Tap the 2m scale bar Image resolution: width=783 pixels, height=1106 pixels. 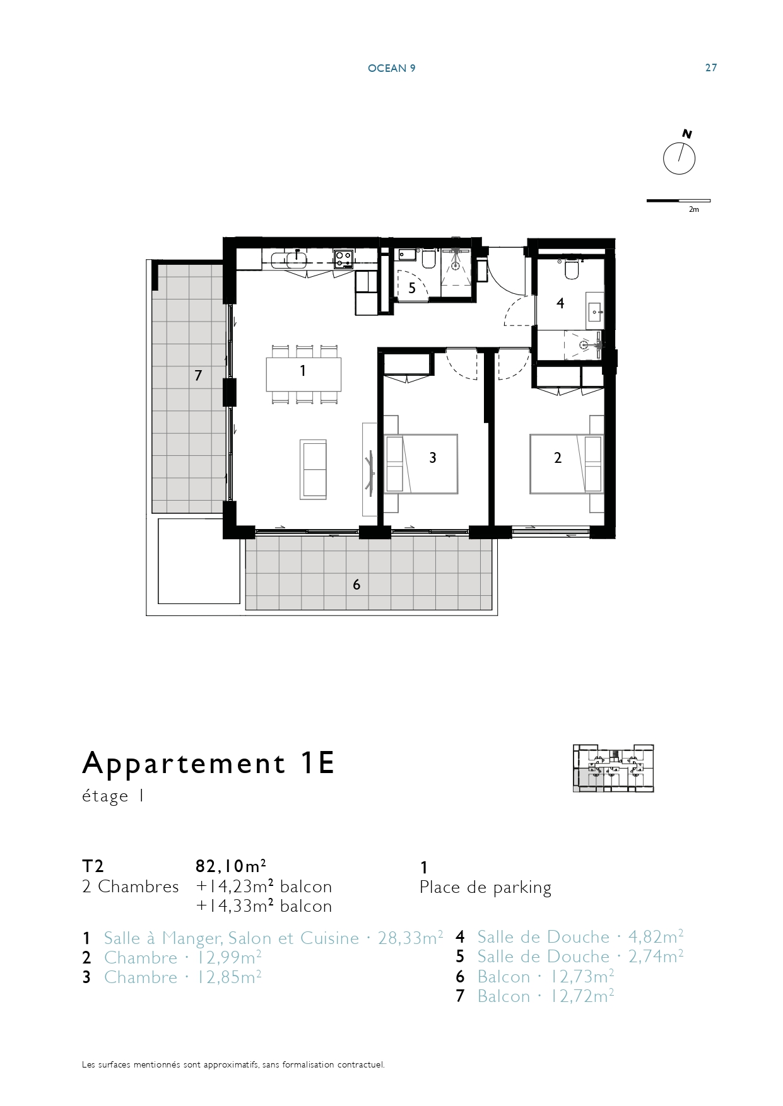click(678, 201)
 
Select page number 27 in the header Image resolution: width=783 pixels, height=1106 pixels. click(711, 67)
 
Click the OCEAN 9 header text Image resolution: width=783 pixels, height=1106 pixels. click(391, 68)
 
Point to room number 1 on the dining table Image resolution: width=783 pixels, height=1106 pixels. click(303, 371)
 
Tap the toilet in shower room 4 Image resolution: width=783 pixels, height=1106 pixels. click(572, 268)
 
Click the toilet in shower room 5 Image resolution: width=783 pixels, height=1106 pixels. click(428, 259)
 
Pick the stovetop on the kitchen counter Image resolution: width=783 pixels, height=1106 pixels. click(343, 259)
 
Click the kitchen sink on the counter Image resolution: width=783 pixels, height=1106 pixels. click(290, 259)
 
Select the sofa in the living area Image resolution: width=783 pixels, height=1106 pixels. click(313, 470)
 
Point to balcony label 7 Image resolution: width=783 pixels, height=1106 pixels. click(198, 376)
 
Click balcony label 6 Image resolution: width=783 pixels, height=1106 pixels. click(356, 585)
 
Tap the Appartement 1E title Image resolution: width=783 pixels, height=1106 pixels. click(208, 763)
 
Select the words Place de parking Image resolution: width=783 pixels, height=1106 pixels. click(485, 888)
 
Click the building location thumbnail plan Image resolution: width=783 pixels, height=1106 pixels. click(613, 768)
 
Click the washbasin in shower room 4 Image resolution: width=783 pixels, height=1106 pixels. click(594, 310)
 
